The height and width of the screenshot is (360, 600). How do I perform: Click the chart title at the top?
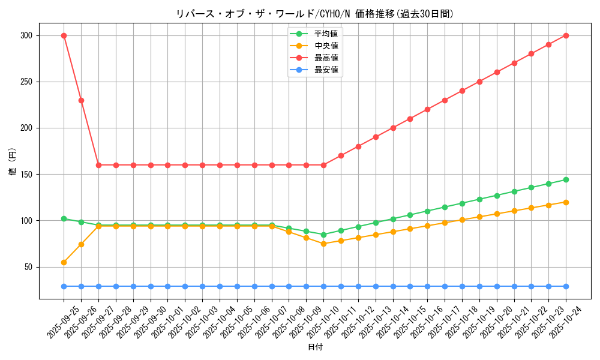click(314, 13)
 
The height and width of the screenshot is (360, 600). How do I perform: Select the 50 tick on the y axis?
click(28, 267)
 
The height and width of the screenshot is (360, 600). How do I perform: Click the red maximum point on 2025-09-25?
click(64, 35)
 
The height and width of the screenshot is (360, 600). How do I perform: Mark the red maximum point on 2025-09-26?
click(81, 100)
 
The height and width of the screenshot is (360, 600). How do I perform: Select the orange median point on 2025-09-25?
click(64, 262)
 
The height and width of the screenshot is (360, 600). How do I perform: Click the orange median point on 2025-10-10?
click(323, 244)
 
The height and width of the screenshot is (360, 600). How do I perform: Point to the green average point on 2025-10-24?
click(566, 179)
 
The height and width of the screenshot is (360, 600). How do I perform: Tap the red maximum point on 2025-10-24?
click(566, 35)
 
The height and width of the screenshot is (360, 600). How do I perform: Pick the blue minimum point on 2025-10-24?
click(566, 286)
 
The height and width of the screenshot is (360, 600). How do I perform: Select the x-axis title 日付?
click(314, 347)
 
